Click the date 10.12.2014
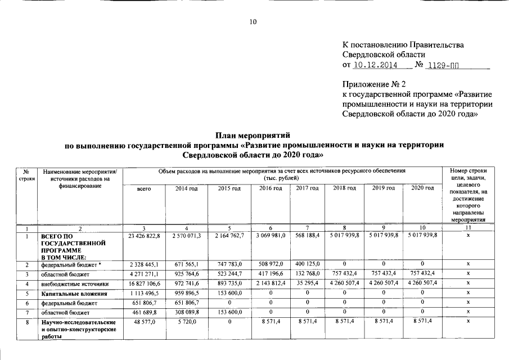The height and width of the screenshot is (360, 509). pyautogui.click(x=375, y=65)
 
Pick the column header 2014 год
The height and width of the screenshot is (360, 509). pyautogui.click(x=185, y=188)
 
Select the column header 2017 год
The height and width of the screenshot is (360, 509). pyautogui.click(x=307, y=188)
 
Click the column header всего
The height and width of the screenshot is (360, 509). pyautogui.click(x=145, y=188)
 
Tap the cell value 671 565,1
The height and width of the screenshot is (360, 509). pyautogui.click(x=185, y=264)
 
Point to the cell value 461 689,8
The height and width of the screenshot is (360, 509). pyautogui.click(x=145, y=312)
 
